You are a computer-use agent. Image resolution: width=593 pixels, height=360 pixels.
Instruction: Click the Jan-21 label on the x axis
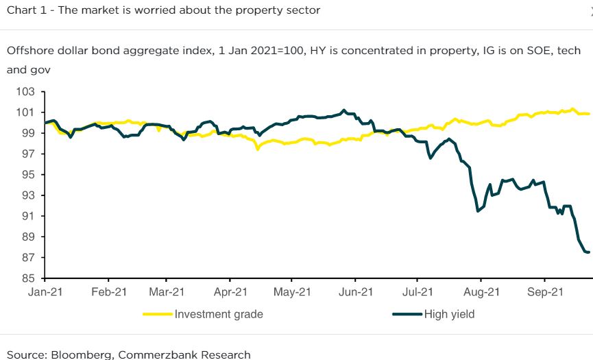[45, 291]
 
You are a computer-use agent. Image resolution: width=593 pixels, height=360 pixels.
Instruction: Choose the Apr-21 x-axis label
[230, 291]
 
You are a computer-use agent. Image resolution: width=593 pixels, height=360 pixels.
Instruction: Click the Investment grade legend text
[219, 315]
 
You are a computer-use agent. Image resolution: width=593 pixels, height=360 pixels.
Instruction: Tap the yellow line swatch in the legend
[157, 315]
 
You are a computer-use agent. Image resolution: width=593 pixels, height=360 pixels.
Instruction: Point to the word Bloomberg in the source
[77, 355]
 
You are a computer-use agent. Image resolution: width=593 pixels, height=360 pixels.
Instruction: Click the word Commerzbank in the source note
[162, 355]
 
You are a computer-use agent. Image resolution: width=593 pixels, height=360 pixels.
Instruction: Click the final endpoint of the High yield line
[589, 252]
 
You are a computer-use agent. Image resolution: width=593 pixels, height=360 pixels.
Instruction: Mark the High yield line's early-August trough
[478, 211]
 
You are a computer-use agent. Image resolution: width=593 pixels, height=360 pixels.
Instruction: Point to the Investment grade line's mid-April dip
[257, 148]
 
